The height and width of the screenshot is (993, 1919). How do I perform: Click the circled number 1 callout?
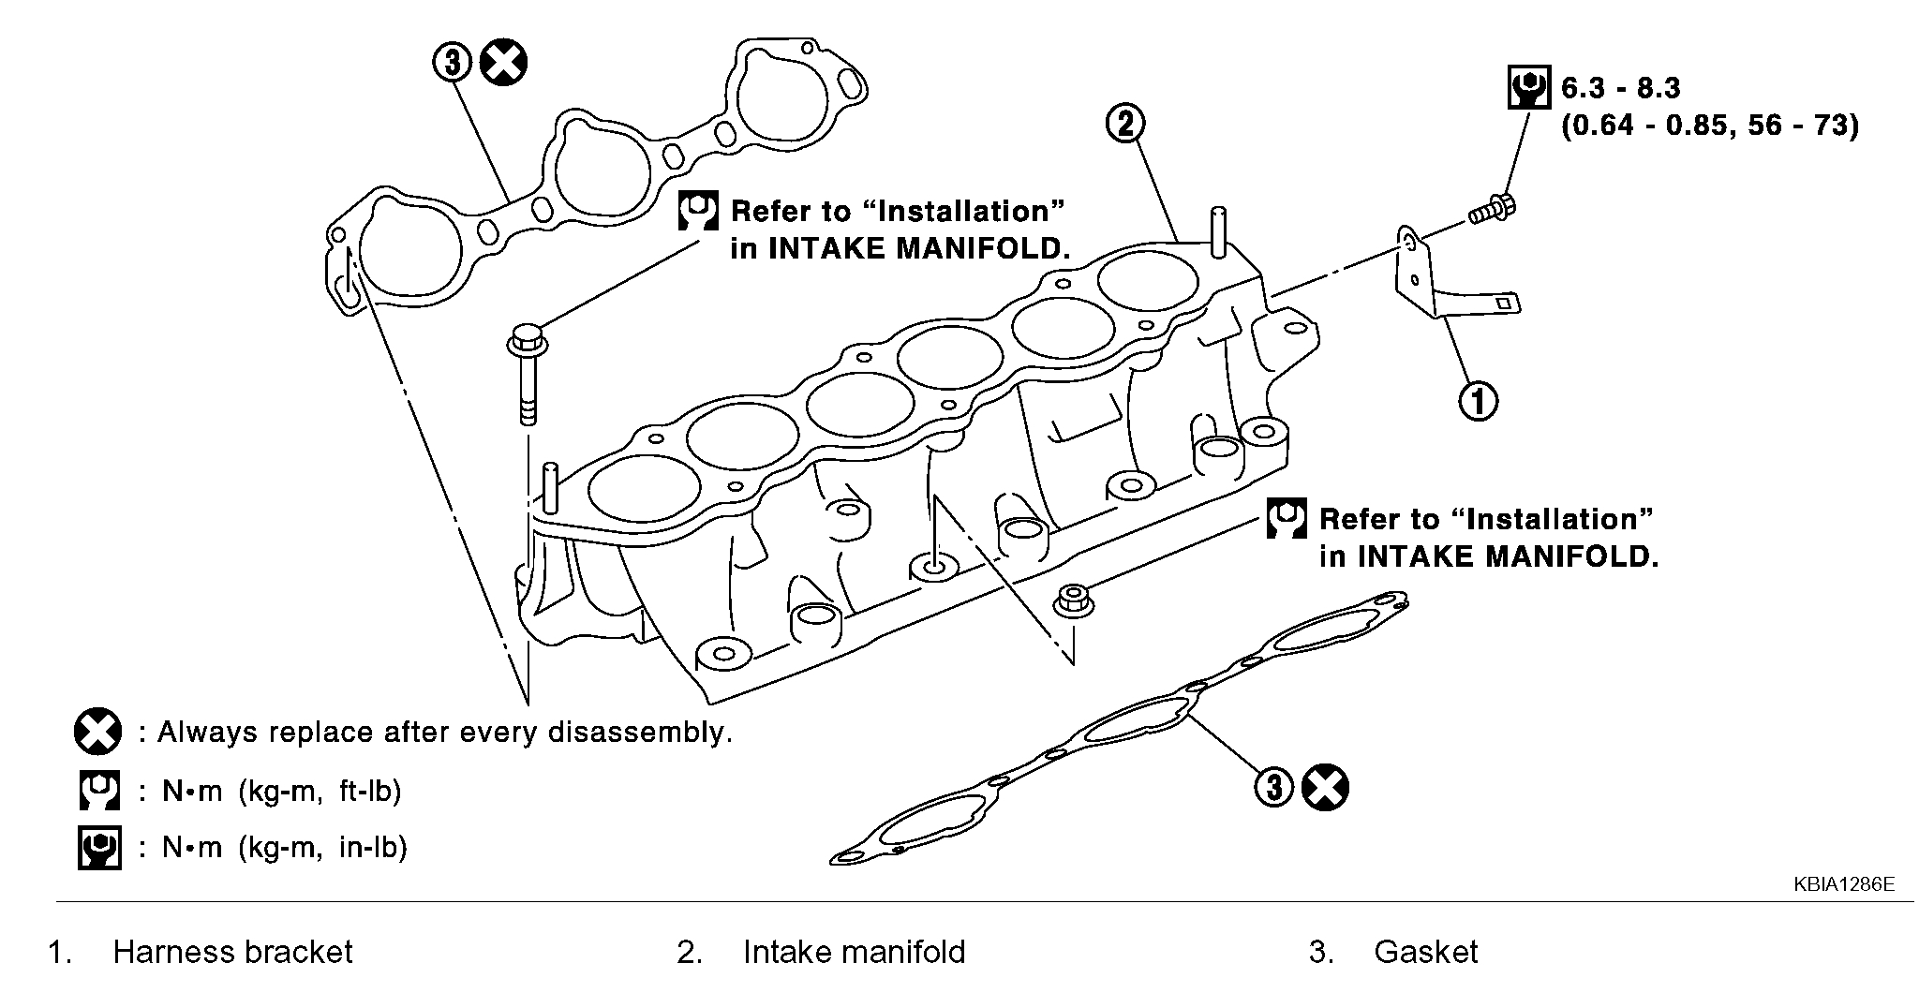click(x=1479, y=401)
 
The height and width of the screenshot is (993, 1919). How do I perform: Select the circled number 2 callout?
click(x=1125, y=123)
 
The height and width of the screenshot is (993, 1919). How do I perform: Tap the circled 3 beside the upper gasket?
click(x=452, y=63)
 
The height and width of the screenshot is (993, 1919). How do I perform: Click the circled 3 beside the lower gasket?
click(x=1274, y=787)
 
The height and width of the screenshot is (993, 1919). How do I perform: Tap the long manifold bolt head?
click(x=525, y=338)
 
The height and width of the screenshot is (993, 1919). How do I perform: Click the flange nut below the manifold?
click(x=1071, y=600)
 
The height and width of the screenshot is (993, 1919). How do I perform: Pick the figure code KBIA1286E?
click(x=1844, y=883)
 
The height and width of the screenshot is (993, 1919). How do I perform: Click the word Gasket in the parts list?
click(x=1425, y=952)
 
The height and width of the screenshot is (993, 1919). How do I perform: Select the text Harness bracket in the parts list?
click(x=232, y=952)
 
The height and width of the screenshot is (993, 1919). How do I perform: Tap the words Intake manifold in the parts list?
click(x=854, y=952)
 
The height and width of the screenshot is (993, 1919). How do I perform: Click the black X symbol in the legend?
click(x=97, y=732)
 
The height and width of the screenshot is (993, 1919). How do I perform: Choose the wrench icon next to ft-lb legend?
click(x=98, y=791)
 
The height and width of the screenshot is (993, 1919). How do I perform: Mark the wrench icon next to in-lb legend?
click(x=98, y=848)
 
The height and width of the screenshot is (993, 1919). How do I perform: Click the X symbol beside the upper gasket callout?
click(x=503, y=63)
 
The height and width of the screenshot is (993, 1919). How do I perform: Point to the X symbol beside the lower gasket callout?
click(x=1326, y=787)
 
